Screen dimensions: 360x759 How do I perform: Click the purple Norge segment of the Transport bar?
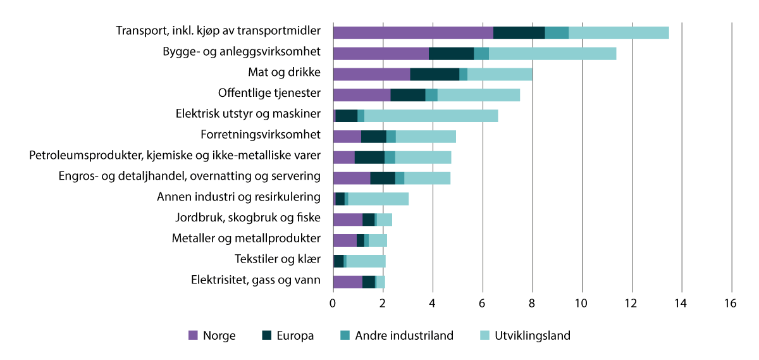tap(412, 33)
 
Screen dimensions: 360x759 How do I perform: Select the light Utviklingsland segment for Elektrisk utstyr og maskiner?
tap(431, 116)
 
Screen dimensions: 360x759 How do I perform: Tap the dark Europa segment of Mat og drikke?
tap(435, 74)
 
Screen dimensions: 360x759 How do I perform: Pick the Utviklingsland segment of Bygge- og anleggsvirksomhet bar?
tap(552, 54)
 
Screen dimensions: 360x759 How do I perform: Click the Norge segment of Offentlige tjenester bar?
tap(361, 95)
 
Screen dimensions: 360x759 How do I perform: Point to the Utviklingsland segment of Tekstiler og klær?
tap(366, 261)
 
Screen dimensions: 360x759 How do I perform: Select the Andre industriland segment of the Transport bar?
tap(557, 33)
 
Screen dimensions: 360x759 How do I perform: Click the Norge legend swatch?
tap(194, 336)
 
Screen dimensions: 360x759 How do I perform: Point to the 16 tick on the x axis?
tap(731, 304)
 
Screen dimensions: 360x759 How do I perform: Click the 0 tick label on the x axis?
tap(333, 304)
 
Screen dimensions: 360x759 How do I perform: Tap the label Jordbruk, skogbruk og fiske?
tap(248, 218)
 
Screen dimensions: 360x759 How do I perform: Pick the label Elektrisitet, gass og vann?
tap(256, 280)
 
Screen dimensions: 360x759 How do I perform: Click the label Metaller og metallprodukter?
tap(246, 239)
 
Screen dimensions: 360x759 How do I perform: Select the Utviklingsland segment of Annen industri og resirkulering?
tap(378, 199)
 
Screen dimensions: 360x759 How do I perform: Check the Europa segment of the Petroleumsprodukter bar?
tap(369, 157)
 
